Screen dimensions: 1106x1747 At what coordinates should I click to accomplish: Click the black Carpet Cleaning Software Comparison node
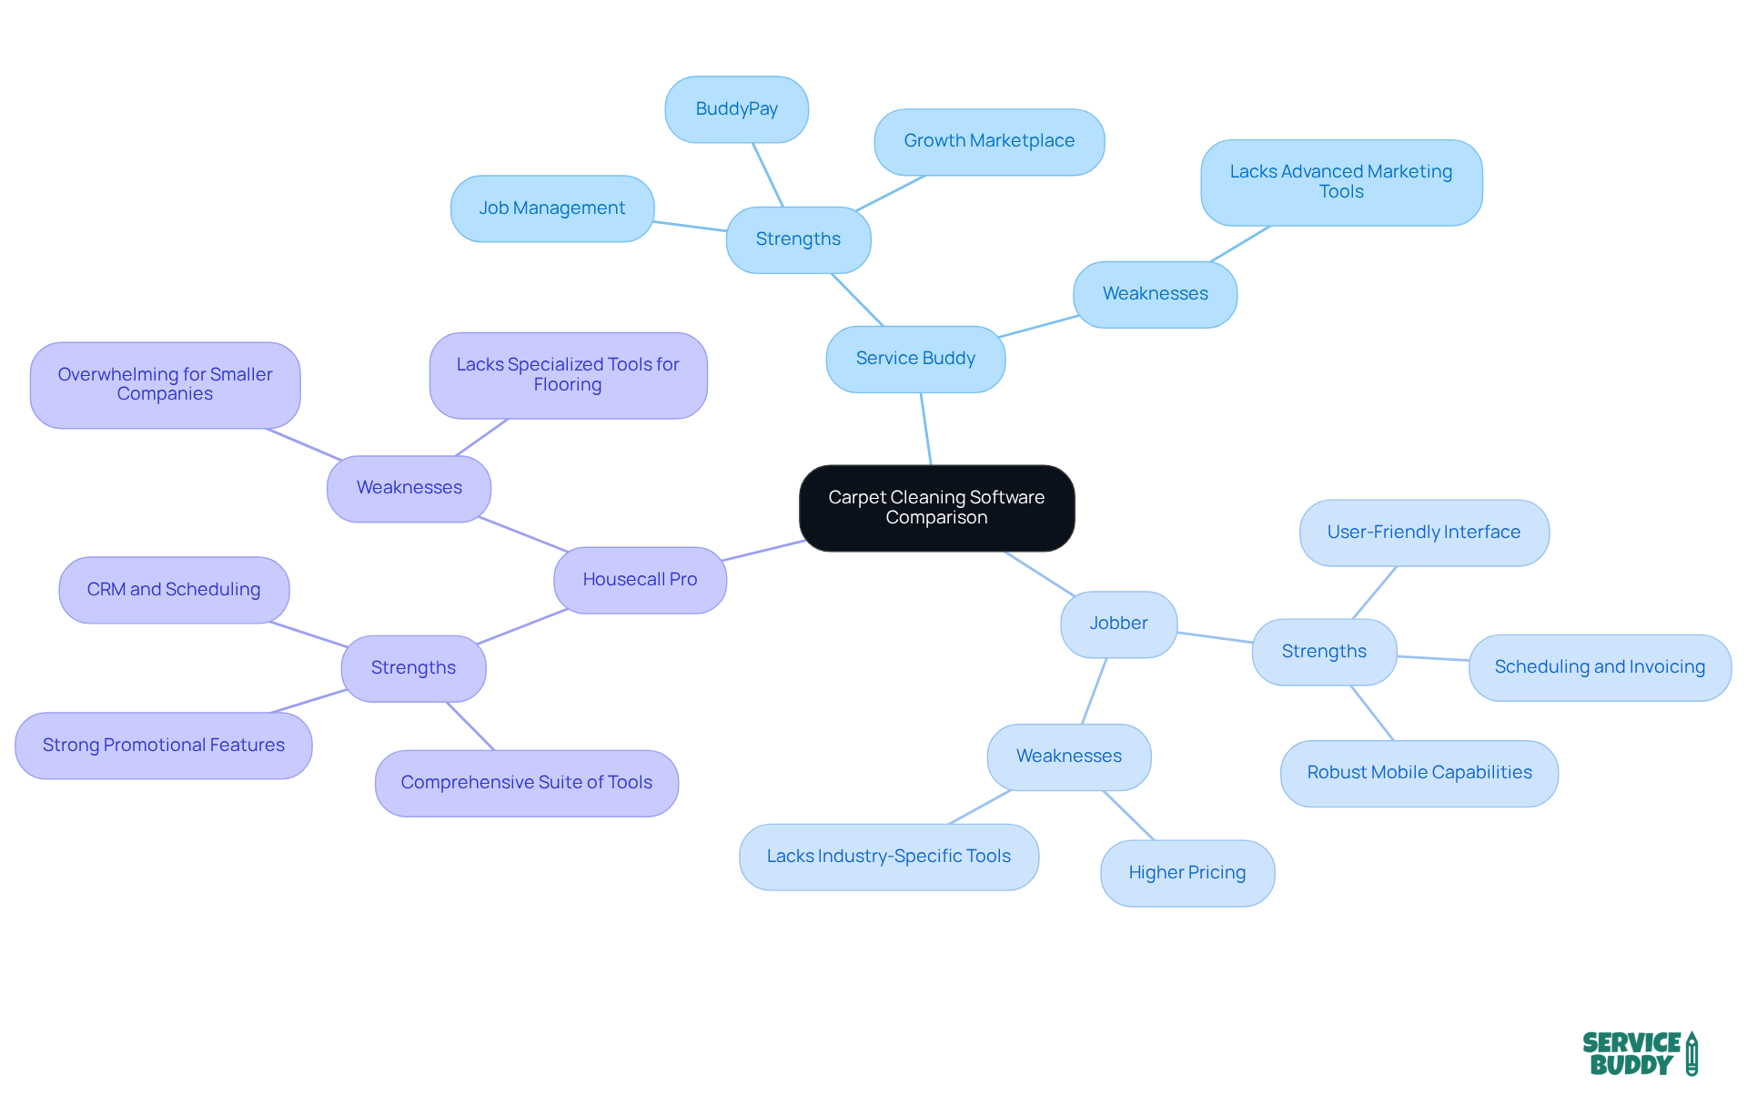(936, 508)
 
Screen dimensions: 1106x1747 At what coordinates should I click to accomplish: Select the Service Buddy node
(915, 359)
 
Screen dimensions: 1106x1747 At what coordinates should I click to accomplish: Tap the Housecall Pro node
(640, 580)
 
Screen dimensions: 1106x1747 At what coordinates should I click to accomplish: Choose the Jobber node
(1118, 624)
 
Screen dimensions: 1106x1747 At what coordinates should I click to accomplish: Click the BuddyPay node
(736, 109)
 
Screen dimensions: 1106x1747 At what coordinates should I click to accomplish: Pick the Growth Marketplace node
(989, 141)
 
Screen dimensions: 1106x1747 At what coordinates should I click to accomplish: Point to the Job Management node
(551, 208)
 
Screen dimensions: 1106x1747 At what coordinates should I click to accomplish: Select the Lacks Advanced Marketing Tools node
(1341, 182)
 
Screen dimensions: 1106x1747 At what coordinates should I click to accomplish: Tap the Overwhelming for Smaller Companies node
(165, 384)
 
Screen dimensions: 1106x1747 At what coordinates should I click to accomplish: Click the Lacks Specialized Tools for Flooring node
(568, 375)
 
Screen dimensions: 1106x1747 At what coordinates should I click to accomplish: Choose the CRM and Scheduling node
(174, 590)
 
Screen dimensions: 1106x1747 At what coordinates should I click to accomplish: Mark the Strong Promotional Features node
(164, 746)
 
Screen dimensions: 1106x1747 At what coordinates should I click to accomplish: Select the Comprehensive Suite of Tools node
(526, 783)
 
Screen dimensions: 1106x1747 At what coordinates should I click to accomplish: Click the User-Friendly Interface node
(1423, 533)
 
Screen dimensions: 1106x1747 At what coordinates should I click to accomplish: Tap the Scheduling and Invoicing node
(1600, 667)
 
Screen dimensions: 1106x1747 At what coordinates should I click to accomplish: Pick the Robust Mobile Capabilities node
(1419, 773)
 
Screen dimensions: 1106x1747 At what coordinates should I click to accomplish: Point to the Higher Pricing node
(1187, 873)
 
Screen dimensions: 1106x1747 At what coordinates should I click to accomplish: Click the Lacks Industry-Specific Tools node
(888, 857)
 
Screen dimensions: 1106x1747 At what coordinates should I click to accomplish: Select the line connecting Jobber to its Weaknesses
(1094, 691)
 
